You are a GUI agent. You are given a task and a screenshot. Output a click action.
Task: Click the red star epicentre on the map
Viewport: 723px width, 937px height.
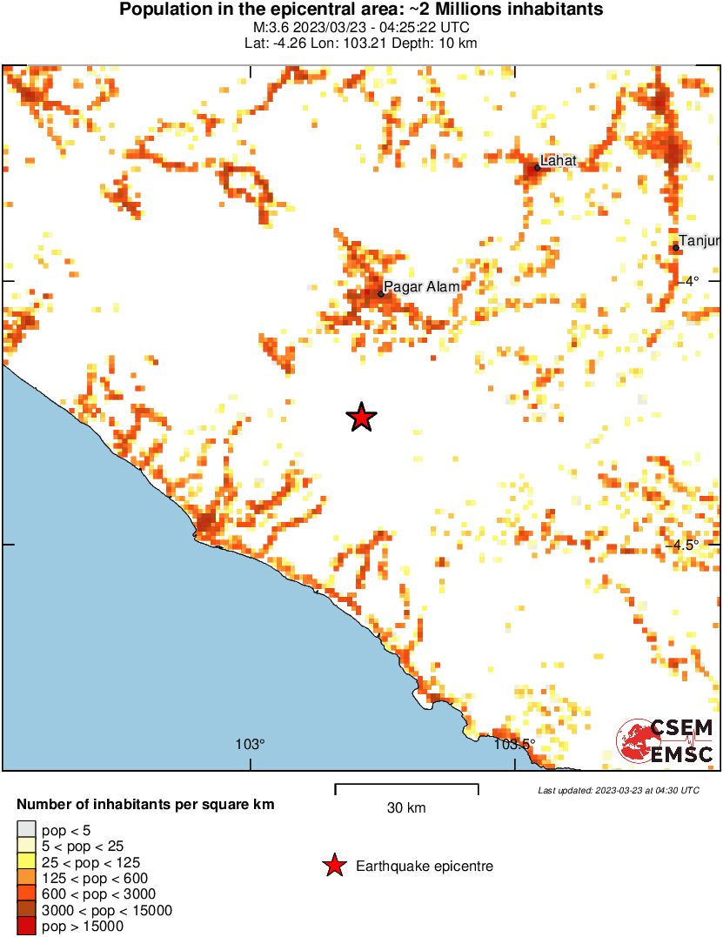point(362,418)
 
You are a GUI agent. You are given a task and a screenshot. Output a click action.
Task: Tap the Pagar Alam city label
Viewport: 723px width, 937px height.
point(421,286)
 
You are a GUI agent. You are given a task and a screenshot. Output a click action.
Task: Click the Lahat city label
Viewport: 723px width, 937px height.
point(559,160)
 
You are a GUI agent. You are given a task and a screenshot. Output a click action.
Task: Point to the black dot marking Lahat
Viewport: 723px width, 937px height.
point(537,168)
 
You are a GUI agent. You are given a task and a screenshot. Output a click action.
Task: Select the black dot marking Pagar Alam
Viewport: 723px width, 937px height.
point(381,294)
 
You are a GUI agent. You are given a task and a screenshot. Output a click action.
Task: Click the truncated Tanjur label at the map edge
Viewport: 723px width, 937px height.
point(700,240)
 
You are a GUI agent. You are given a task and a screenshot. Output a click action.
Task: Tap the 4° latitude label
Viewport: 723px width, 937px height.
point(691,281)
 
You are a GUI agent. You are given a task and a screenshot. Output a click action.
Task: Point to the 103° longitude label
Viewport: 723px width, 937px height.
point(250,745)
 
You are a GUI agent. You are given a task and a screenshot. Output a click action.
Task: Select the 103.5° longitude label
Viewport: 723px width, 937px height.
point(513,745)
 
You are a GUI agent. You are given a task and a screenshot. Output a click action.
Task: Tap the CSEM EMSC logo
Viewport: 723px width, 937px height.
point(666,742)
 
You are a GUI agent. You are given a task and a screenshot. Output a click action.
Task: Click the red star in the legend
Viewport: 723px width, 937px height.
point(333,866)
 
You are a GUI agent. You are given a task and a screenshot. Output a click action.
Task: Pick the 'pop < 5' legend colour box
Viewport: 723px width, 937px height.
point(26,831)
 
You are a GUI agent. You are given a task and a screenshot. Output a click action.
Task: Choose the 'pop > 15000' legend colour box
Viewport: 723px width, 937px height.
point(26,927)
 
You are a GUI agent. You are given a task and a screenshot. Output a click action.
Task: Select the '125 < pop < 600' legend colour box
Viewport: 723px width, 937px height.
point(26,879)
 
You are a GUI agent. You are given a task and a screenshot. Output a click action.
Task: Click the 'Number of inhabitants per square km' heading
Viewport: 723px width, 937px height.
point(146,805)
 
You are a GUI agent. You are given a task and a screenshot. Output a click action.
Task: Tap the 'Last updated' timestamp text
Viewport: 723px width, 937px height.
point(619,791)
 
